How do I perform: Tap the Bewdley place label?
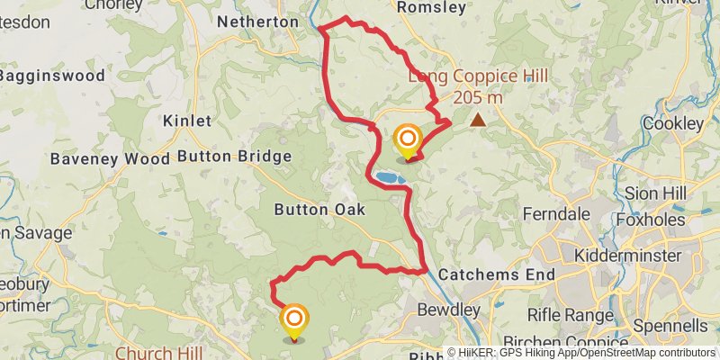449,310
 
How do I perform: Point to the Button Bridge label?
234,157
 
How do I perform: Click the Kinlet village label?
187,121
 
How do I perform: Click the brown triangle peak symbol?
478,119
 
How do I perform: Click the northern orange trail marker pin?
408,139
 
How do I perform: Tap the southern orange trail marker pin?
294,319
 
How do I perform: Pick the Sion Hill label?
655,193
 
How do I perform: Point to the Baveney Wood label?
110,158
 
